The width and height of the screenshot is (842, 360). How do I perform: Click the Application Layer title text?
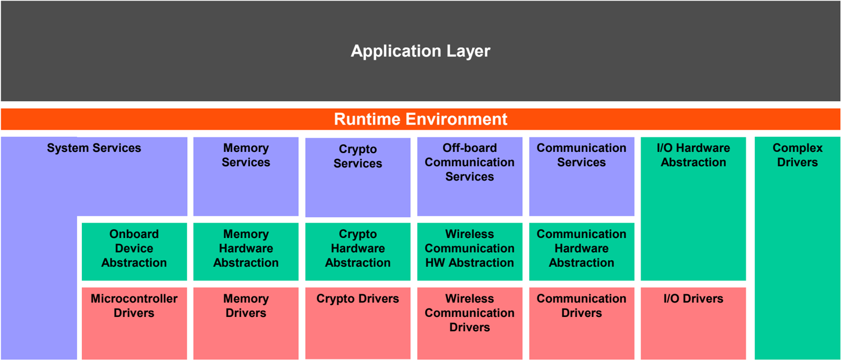pos(420,51)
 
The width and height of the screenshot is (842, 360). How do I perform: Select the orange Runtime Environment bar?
pos(420,119)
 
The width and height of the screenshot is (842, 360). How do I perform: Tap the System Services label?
pos(94,148)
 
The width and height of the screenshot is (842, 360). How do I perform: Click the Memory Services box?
pos(246,176)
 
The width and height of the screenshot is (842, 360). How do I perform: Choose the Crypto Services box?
pos(358,177)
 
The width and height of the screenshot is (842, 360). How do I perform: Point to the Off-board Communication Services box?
pos(470,176)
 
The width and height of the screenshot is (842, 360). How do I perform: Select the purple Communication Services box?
pos(582,176)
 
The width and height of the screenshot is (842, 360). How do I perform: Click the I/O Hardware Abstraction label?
pos(694,155)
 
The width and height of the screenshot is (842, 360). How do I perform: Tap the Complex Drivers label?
pos(798,155)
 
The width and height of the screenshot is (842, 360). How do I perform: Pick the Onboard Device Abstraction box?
pos(134,251)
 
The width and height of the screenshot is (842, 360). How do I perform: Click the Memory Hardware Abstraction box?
pos(246,251)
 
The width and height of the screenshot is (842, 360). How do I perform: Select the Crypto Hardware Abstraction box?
pos(358,251)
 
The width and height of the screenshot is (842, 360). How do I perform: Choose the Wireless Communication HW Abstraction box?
pos(470,251)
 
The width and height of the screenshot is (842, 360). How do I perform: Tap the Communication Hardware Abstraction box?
pos(582,251)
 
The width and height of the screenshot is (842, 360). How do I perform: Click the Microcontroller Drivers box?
pos(134,323)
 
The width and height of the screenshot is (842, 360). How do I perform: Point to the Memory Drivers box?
pos(246,323)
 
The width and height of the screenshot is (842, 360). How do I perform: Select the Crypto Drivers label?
pos(358,298)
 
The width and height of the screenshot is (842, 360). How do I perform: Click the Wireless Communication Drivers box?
pos(470,323)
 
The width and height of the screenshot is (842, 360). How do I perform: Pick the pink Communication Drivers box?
pos(582,323)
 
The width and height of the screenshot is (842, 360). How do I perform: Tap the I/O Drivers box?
pos(694,323)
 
